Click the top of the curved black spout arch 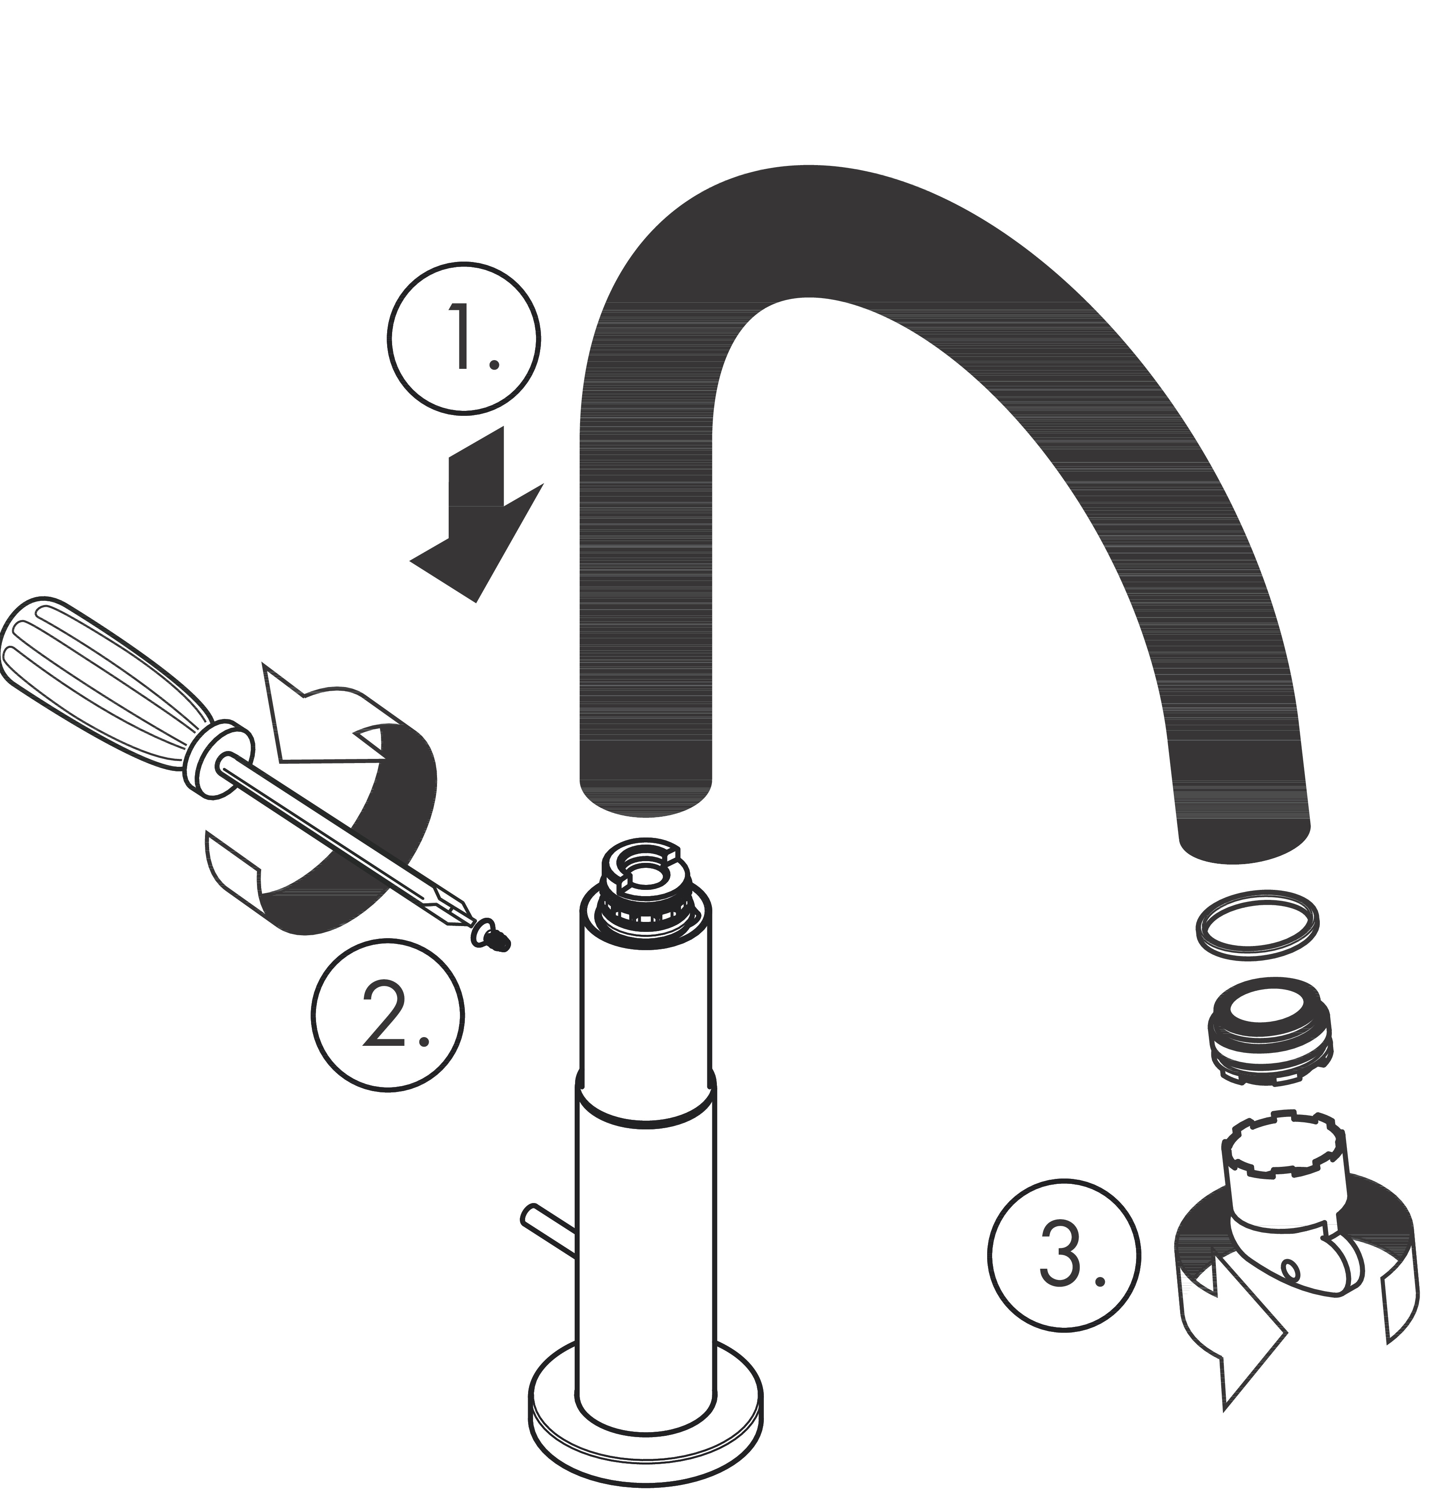pos(800,229)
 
